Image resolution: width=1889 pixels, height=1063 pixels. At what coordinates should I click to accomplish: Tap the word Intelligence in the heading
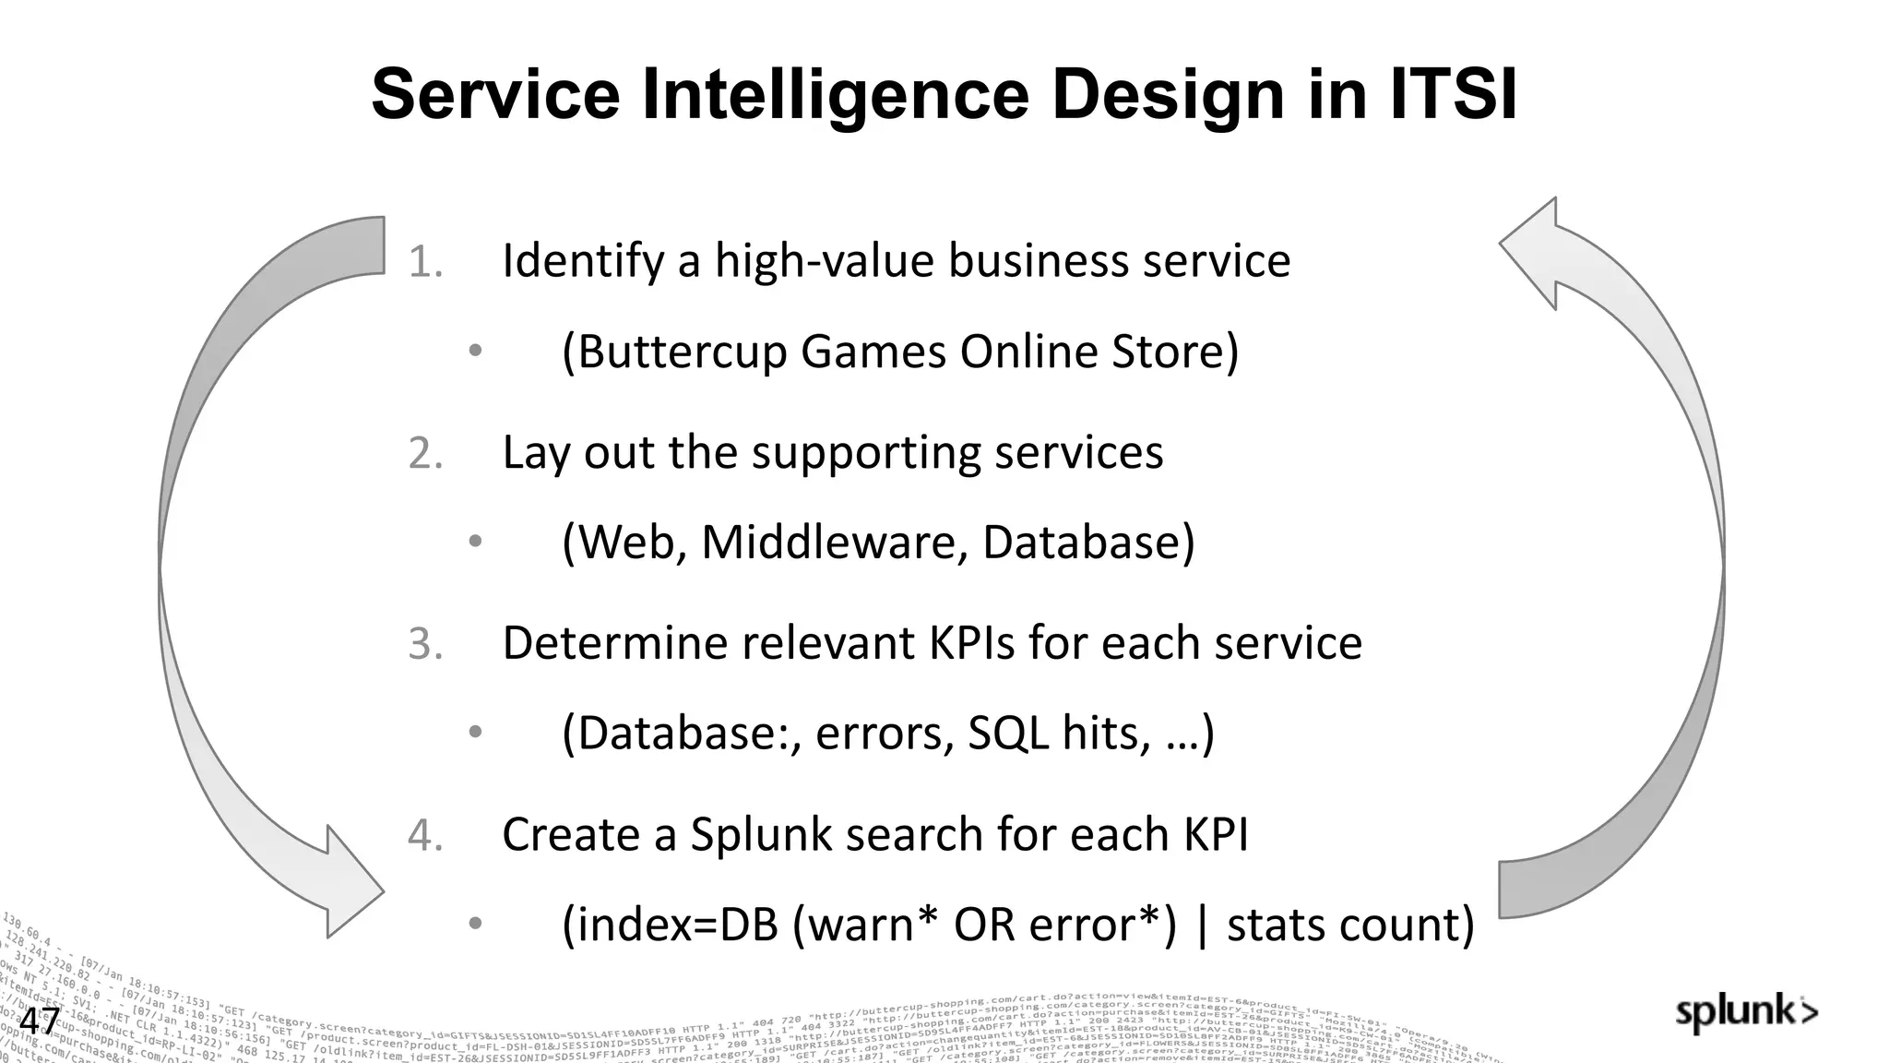[826, 95]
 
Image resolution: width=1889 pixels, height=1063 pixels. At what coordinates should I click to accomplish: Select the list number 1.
[425, 262]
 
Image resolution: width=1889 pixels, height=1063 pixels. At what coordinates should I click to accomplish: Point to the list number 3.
[425, 644]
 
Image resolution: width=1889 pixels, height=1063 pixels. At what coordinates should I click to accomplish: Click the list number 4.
[425, 835]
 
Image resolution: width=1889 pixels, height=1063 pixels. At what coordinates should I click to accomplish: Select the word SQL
[1008, 734]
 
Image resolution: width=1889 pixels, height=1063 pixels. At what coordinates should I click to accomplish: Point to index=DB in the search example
[671, 925]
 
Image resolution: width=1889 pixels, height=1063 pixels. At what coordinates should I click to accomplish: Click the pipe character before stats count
[1201, 925]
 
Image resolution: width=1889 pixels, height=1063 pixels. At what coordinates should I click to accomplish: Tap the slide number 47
[40, 1021]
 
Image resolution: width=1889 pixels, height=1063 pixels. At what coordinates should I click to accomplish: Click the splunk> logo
[1746, 1013]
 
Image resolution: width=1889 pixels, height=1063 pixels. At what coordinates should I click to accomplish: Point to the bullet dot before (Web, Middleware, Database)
[475, 542]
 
